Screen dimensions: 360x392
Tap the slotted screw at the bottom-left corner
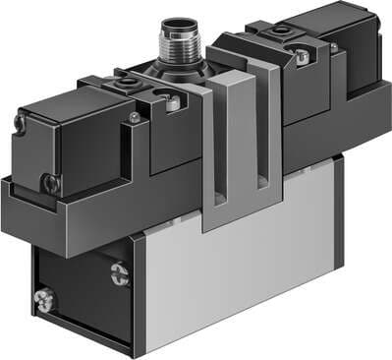[42, 295]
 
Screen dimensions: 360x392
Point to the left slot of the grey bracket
[226, 138]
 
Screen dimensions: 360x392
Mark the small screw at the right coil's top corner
[334, 46]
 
